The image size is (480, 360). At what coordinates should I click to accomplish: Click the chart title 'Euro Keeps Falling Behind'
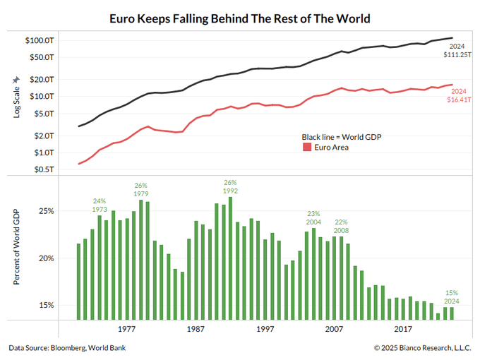(x=239, y=17)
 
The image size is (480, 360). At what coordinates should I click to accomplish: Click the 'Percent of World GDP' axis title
(x=17, y=247)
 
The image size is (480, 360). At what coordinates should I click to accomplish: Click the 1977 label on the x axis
(x=126, y=330)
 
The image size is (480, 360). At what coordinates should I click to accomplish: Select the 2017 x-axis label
(x=403, y=330)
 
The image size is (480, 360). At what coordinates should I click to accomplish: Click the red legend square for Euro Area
(x=307, y=147)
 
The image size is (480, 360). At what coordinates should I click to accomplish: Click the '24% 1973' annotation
(x=100, y=205)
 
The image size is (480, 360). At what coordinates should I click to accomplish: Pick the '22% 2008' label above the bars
(x=341, y=226)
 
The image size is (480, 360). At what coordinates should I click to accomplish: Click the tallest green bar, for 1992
(x=230, y=258)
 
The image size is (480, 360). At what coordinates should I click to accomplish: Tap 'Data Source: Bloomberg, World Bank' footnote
(x=68, y=348)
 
